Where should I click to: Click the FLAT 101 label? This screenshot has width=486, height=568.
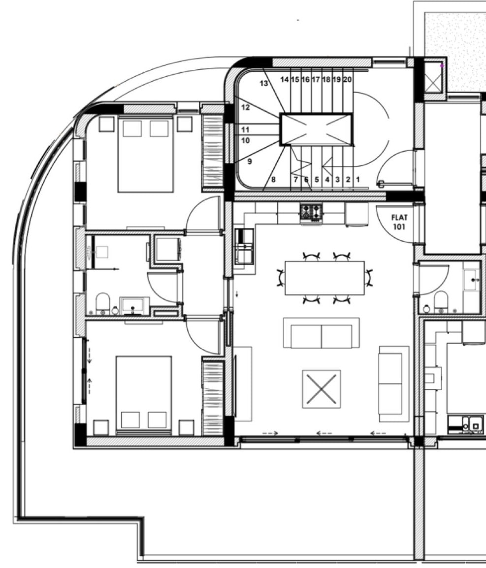click(x=399, y=222)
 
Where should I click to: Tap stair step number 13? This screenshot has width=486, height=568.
click(x=264, y=83)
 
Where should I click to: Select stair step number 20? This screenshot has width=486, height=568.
click(x=347, y=79)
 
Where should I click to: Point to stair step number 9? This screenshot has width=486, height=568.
click(x=249, y=161)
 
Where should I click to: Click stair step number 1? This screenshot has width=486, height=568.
click(x=357, y=179)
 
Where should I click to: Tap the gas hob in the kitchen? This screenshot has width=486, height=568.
click(x=311, y=213)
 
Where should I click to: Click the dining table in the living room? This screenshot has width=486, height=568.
click(x=324, y=278)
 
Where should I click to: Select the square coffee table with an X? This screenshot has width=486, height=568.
click(x=322, y=389)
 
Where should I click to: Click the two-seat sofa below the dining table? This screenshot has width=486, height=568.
click(x=322, y=333)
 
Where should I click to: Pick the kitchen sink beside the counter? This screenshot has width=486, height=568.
click(x=244, y=246)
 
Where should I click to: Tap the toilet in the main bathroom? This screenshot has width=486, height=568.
click(x=103, y=304)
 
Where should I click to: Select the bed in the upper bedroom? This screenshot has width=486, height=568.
click(x=146, y=154)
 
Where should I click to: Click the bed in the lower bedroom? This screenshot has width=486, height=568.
click(x=143, y=395)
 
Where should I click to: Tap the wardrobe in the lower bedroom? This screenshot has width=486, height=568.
click(x=213, y=396)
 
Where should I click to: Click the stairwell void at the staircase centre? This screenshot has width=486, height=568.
click(x=316, y=129)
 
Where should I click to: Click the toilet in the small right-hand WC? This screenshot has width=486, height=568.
click(x=441, y=302)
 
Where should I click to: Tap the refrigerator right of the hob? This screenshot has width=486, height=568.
click(x=356, y=215)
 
